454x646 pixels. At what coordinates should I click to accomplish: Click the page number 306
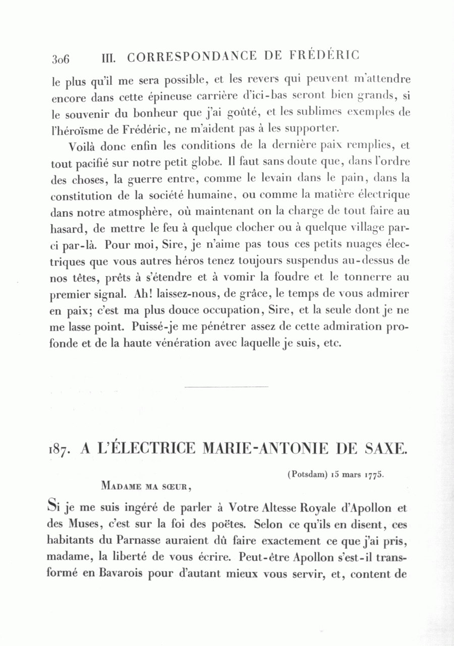coord(60,58)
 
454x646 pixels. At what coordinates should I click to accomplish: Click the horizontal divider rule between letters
coord(226,387)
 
